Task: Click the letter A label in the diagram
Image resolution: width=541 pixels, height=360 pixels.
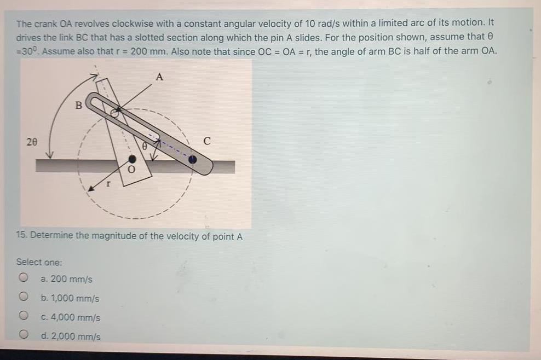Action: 159,77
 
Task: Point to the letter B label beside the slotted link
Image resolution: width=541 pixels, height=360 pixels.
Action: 78,104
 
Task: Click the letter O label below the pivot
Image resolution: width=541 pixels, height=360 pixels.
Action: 130,171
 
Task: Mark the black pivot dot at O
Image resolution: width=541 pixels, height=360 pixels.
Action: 132,159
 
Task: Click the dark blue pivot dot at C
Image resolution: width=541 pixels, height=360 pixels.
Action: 193,160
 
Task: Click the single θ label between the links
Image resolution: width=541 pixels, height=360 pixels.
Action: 144,146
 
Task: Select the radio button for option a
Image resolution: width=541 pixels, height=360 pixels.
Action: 24,278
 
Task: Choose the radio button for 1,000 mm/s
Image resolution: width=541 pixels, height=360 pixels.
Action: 24,298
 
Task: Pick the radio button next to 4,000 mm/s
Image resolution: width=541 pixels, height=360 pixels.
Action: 24,316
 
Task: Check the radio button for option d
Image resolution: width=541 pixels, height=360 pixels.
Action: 24,335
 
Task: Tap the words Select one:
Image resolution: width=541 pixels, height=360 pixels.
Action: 39,262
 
